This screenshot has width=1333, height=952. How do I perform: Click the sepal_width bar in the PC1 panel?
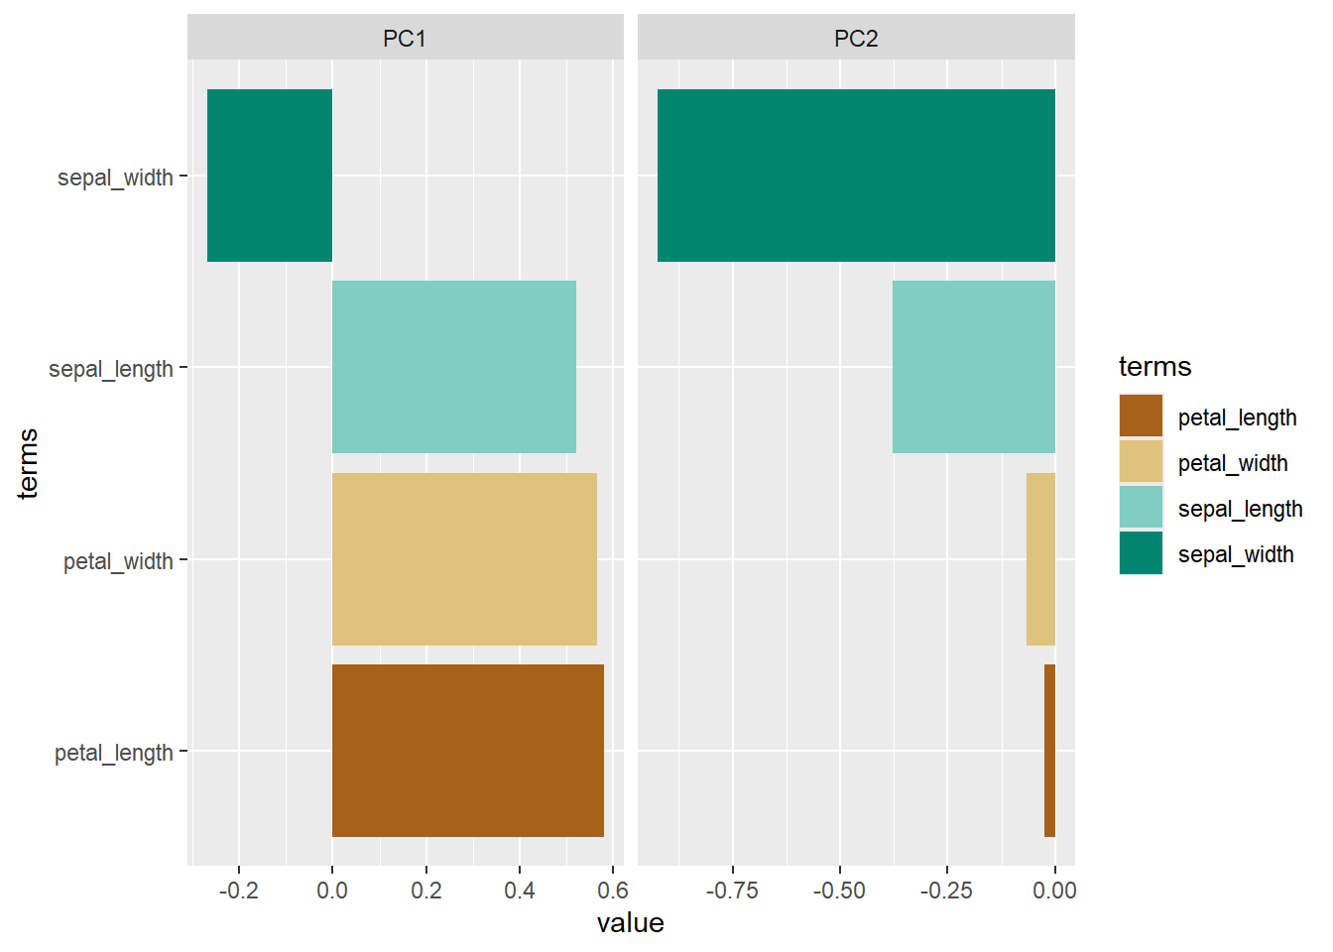tap(270, 176)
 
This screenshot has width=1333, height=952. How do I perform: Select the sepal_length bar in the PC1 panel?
tap(454, 367)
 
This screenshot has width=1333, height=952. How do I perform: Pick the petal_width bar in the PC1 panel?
tap(464, 559)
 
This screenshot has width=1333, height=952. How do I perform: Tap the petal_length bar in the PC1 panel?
tap(468, 751)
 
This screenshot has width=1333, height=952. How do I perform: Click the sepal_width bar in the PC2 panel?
tap(856, 176)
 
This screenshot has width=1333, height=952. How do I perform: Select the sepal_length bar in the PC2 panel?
tap(974, 367)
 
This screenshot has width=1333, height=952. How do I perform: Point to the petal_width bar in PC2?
tap(1040, 559)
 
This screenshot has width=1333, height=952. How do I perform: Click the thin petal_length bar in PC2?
tap(1049, 751)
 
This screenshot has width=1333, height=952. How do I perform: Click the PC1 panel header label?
tap(405, 39)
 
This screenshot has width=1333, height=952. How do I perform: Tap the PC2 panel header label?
tap(856, 39)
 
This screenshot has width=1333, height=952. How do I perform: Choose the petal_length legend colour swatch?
tap(1141, 416)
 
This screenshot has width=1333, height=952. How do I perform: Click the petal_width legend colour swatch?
tap(1141, 462)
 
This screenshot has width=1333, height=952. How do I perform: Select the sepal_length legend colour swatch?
tap(1141, 508)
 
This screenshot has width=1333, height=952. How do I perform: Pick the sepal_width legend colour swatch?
tap(1141, 553)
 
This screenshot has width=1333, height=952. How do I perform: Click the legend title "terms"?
tap(1154, 367)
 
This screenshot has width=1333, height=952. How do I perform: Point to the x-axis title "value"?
tap(630, 923)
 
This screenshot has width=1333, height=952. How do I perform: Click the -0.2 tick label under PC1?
tap(238, 891)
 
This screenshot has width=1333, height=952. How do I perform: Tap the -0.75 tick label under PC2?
tap(732, 891)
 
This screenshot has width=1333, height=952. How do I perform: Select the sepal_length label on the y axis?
tap(111, 369)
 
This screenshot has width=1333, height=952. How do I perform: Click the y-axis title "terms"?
tap(28, 463)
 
